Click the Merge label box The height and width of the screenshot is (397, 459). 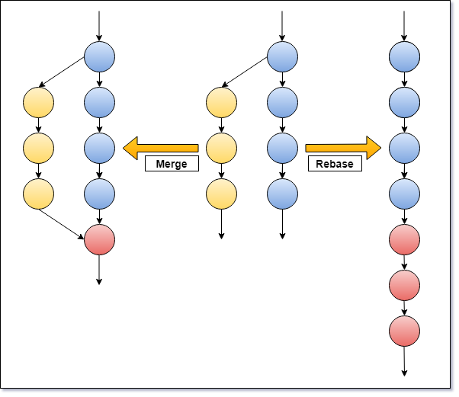click(172, 163)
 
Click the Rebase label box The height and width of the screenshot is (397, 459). click(335, 163)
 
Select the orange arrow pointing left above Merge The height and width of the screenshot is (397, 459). click(160, 146)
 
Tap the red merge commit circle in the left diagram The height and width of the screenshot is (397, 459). click(99, 239)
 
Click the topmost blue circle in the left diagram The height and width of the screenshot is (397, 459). click(99, 56)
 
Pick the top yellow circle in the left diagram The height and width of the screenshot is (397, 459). click(38, 102)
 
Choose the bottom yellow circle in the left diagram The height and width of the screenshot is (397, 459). click(38, 194)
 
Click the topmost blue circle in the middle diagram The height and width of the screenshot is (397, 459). click(282, 56)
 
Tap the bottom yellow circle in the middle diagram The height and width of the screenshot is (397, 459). click(221, 194)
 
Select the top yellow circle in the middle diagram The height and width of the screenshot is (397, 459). click(221, 102)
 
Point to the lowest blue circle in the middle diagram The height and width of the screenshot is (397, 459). click(282, 194)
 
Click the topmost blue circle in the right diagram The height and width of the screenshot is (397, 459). click(404, 56)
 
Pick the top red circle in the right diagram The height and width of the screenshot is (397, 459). click(404, 239)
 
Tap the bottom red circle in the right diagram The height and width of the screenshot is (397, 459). click(404, 331)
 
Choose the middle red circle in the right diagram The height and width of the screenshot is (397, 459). click(404, 285)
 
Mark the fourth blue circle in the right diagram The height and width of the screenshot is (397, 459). click(404, 194)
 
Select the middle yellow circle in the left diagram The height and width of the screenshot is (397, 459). click(38, 148)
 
